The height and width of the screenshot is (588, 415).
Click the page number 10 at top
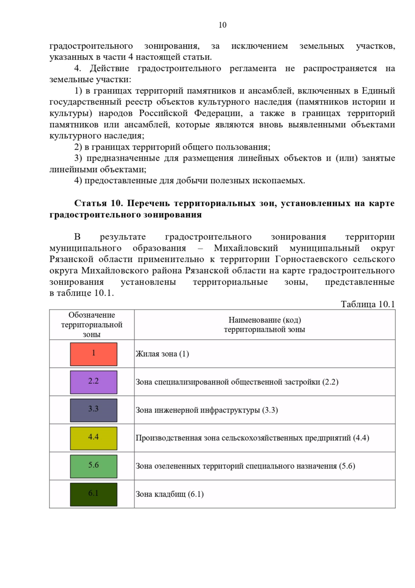coord(222,25)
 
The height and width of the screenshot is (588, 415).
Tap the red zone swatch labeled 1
coord(93,354)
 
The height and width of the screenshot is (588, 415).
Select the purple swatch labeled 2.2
coord(93,382)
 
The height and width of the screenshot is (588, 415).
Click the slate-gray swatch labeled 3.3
coord(93,410)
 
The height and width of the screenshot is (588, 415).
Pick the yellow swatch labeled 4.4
coord(93,438)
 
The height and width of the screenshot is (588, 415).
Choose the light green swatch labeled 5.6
coord(93,466)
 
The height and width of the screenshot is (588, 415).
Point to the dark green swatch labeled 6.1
coord(93,494)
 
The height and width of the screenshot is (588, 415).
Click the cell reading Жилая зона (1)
coord(162,354)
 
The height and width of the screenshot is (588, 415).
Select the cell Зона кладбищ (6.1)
coord(169,494)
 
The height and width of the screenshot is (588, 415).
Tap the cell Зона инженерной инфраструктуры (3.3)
coord(206,410)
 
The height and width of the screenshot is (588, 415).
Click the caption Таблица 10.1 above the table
coord(368,304)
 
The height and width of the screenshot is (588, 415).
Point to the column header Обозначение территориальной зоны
coord(92,324)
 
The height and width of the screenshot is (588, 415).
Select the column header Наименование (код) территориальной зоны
coord(265,324)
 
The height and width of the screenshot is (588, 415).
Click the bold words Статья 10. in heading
coord(98,203)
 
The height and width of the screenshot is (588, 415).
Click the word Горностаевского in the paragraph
coord(311,259)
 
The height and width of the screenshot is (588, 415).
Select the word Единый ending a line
coord(378,91)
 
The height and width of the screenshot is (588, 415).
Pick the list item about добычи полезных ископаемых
coord(190,180)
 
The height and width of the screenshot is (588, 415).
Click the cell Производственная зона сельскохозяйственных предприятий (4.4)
coord(252,438)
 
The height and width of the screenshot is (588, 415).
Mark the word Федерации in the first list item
coord(218,113)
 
